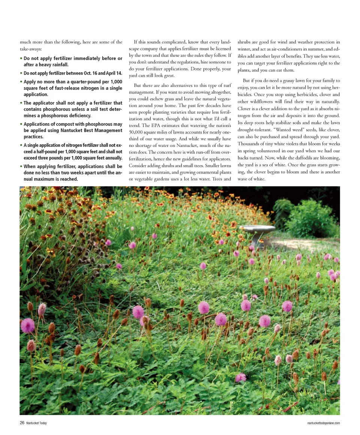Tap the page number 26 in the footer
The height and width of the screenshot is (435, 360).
[22, 423]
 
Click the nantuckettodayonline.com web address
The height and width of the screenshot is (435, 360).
[323, 423]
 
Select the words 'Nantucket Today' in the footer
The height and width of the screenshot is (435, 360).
[36, 423]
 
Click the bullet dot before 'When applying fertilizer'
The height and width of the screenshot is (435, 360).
[21, 166]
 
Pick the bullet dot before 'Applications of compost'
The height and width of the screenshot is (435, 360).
[21, 124]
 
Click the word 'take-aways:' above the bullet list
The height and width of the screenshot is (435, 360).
[31, 49]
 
